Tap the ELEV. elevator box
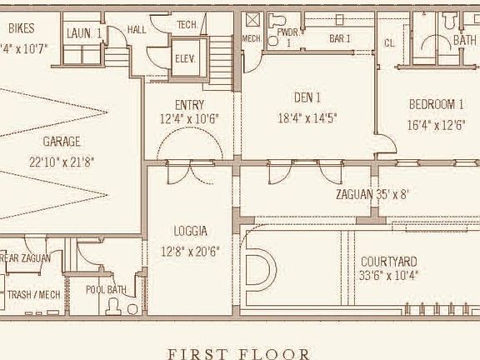(x=185, y=58)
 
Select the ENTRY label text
(x=189, y=105)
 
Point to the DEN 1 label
(x=307, y=97)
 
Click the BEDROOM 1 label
(x=435, y=105)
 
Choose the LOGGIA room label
(x=190, y=231)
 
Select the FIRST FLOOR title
(x=239, y=353)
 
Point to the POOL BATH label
(x=106, y=289)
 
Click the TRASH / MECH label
(x=33, y=295)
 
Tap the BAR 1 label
(x=339, y=38)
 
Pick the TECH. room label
(x=187, y=25)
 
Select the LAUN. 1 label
(x=83, y=33)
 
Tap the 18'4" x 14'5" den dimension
(x=307, y=118)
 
